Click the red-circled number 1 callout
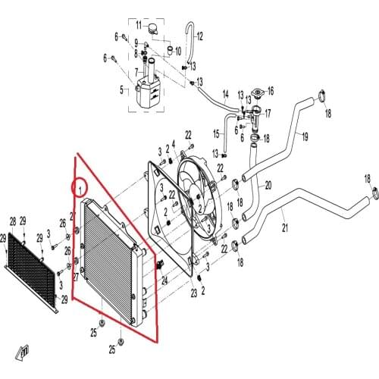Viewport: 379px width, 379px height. (78, 185)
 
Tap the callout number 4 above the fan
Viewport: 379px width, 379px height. (174, 143)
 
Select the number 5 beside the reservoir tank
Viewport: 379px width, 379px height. (121, 89)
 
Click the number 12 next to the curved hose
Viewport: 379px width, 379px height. (200, 36)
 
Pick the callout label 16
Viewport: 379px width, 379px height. (271, 91)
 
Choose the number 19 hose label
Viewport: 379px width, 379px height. (305, 136)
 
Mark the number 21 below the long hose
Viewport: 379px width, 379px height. (285, 227)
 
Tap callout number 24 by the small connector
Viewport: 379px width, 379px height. (163, 279)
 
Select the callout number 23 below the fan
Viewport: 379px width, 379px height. (193, 293)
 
